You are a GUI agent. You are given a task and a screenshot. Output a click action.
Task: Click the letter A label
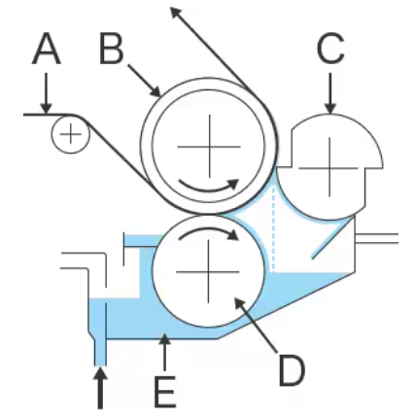[x=47, y=49]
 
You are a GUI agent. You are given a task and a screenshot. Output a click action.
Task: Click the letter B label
[x=111, y=49]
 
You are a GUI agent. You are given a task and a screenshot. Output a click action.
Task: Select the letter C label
[x=330, y=49]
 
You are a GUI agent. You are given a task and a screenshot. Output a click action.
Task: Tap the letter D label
[x=292, y=370]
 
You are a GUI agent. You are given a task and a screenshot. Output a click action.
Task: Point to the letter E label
[x=165, y=392]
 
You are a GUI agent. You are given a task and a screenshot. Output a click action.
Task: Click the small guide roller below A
[x=70, y=134]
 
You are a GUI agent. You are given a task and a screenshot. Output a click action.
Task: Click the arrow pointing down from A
[x=47, y=93]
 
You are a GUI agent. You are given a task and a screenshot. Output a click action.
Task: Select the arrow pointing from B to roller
[x=145, y=81]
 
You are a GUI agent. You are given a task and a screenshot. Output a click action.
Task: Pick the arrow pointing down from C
[x=330, y=93]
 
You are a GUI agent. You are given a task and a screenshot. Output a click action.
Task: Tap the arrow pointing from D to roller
[x=256, y=325]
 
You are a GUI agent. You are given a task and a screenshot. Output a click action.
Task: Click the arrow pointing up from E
[x=165, y=352]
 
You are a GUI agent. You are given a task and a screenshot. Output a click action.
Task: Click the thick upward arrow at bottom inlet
[x=100, y=388]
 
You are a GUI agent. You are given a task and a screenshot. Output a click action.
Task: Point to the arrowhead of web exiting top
[x=176, y=13]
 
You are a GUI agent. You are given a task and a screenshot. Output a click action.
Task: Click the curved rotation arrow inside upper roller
[x=209, y=186]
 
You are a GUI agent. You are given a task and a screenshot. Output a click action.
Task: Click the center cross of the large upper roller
[x=209, y=147]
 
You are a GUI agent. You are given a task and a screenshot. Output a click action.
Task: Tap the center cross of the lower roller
[x=208, y=271]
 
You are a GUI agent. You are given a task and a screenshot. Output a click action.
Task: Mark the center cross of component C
[x=329, y=168]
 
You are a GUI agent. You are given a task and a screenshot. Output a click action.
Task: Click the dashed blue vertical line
[x=274, y=229]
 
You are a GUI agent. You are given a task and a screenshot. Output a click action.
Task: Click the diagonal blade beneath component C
[x=332, y=238]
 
